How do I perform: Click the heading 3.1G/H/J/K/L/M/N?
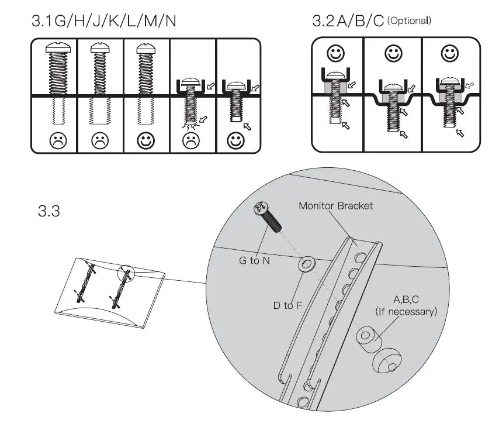[x=104, y=21]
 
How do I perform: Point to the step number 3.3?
[x=48, y=211]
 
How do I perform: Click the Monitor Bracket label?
[x=335, y=206]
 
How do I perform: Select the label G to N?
[x=254, y=260]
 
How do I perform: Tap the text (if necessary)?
[x=406, y=312]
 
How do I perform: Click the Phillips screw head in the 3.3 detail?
[x=260, y=209]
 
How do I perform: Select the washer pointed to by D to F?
[x=306, y=265]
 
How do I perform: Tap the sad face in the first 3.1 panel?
[x=54, y=140]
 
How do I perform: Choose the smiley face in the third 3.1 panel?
[x=147, y=140]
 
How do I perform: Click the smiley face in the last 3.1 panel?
[x=237, y=140]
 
